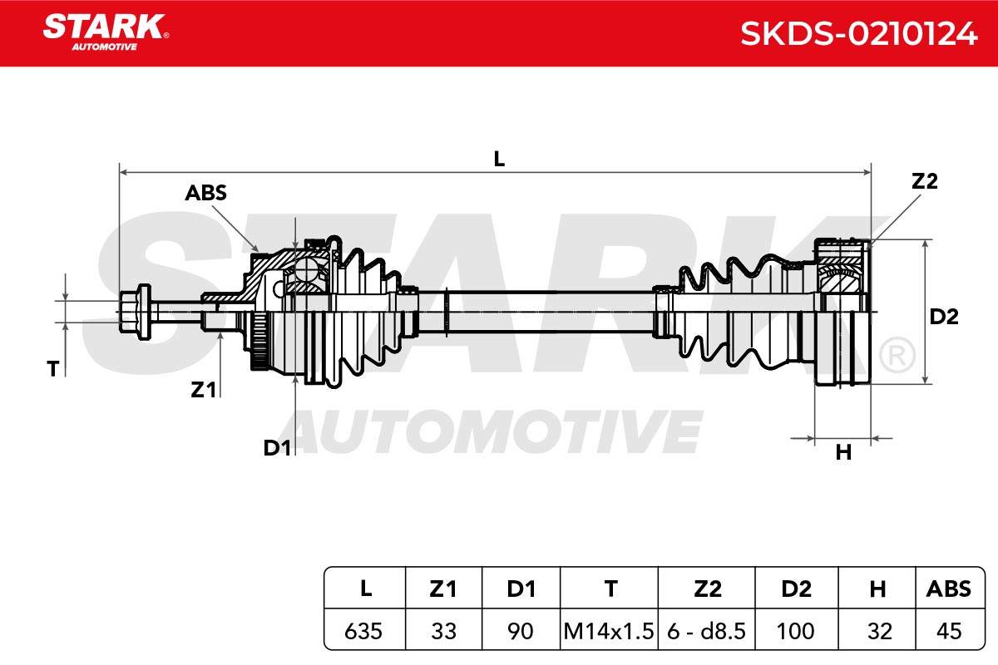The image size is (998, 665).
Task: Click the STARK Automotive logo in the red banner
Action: coord(106,32)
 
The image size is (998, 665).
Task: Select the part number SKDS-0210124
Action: coord(858,34)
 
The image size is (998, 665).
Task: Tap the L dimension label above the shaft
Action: coord(500,159)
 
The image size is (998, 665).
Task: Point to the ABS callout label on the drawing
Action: coord(206,193)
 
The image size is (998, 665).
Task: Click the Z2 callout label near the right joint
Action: coord(925,181)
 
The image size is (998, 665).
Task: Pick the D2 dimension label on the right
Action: coord(944,317)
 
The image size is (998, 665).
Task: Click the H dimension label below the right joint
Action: coord(843,452)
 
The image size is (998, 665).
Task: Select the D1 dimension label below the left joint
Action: coord(277,448)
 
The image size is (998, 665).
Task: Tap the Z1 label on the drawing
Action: coord(203,390)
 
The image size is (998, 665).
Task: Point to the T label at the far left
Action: coord(53,369)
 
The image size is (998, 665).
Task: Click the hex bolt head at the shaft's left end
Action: coord(136,312)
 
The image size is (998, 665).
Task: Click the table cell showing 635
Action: coord(363,631)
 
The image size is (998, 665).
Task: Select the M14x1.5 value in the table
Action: coord(609,631)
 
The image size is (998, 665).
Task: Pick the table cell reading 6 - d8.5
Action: coord(706,631)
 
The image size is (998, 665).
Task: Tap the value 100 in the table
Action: coord(795,631)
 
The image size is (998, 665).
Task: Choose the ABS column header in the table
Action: coord(949,589)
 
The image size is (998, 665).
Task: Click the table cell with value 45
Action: coord(949,631)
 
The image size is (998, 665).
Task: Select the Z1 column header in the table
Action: coord(443,589)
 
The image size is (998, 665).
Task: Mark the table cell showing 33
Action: coord(444,631)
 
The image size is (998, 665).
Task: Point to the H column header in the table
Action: coord(877,589)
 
